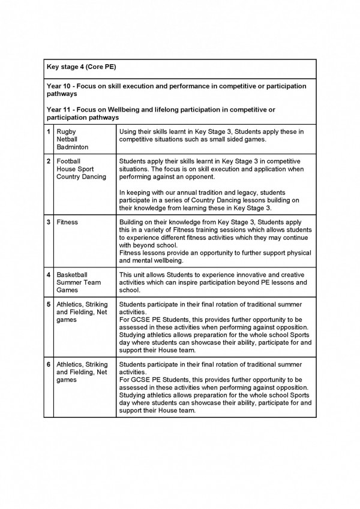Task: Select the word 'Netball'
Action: click(67, 139)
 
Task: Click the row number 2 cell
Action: click(49, 162)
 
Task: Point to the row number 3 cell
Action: click(49, 222)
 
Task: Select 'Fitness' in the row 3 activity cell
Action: click(68, 222)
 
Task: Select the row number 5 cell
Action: click(49, 305)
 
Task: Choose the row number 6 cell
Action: click(49, 365)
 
